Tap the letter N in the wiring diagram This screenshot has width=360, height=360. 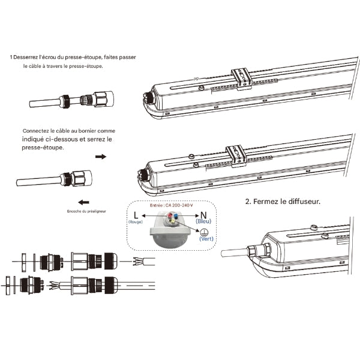[204, 215]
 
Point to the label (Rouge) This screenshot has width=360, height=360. [136, 221]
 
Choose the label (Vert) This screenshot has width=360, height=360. [206, 238]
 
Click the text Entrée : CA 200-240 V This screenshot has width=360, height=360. [170, 205]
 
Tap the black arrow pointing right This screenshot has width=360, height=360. [101, 156]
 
